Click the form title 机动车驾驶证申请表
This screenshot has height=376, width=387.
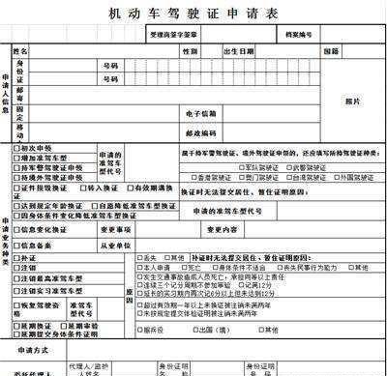click(x=193, y=14)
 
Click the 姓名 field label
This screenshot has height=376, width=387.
click(x=21, y=49)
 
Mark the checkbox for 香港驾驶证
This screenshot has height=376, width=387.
click(x=196, y=178)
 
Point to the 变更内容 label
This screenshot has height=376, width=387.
click(x=222, y=230)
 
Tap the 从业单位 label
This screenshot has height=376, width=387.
click(x=116, y=246)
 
